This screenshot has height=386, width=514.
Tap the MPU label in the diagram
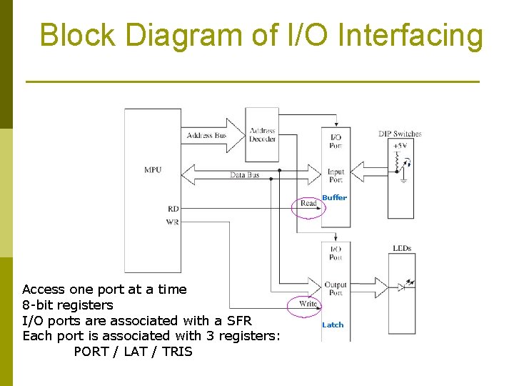153,169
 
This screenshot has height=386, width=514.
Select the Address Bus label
206,135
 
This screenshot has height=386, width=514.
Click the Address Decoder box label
262,134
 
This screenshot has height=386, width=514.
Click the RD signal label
173,209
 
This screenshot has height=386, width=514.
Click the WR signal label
172,222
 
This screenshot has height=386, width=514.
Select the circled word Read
308,204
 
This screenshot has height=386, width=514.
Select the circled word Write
308,304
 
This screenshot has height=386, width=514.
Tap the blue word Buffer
334,197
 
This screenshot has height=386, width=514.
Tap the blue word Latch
333,325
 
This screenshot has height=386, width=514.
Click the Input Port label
336,176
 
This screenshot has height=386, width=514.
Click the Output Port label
336,289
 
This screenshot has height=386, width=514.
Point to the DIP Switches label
400,134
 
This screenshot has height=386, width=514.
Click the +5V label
400,145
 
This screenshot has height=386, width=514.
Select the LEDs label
402,248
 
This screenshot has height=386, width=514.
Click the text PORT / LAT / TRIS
133,351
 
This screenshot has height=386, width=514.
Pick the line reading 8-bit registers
68,305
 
